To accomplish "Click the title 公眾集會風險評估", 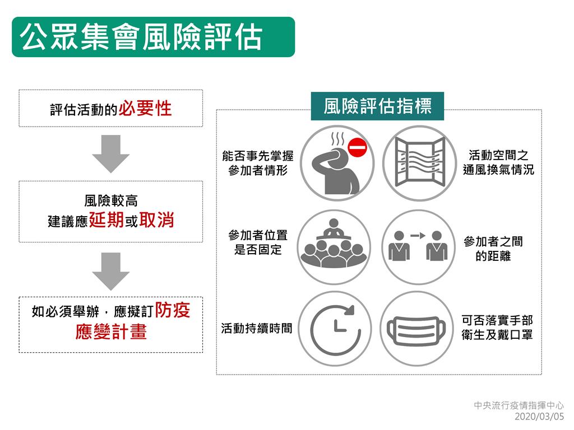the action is [141, 37].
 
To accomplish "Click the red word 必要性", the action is [145, 108].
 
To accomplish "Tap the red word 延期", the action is [107, 219].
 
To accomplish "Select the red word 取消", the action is [157, 219].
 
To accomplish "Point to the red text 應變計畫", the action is [111, 331].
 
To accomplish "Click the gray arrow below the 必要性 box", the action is [110, 153].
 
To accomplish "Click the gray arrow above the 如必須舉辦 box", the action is [110, 272].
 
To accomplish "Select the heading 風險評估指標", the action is [377, 106].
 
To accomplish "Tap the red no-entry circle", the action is [357, 148].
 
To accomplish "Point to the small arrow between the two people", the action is [418, 236].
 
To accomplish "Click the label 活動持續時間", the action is [257, 328].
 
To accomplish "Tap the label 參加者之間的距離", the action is [493, 249].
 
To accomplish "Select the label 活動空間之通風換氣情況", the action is [498, 162].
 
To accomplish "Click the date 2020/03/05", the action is [539, 417].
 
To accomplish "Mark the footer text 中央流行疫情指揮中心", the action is [519, 405].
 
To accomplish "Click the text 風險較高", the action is [111, 201].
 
